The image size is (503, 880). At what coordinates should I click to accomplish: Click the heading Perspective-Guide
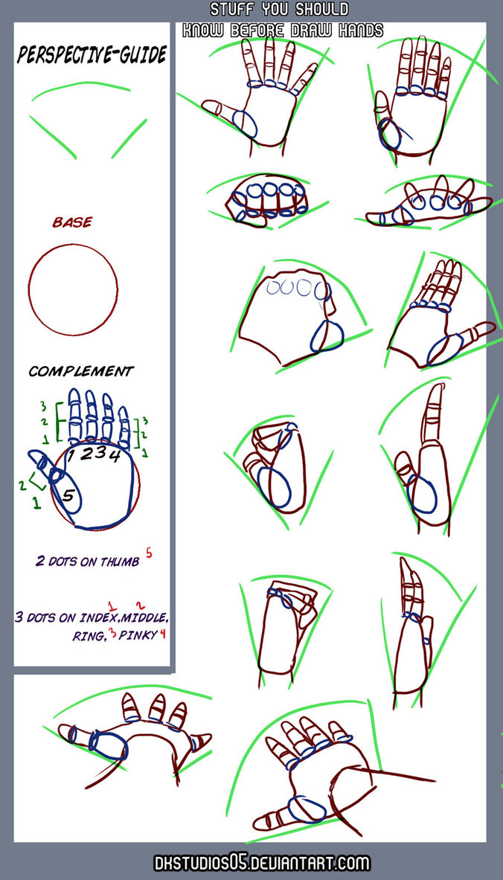[x=92, y=55]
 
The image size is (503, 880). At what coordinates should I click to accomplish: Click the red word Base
[x=72, y=222]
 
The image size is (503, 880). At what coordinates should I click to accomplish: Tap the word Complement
[x=81, y=370]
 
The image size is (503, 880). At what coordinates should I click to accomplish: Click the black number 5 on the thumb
[x=68, y=494]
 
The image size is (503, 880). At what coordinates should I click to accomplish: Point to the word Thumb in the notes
[x=119, y=562]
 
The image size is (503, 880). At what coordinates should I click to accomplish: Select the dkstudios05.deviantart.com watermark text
[x=260, y=863]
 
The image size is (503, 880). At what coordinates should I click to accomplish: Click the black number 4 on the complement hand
[x=116, y=455]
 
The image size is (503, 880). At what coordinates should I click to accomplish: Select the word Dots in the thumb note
[x=61, y=562]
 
